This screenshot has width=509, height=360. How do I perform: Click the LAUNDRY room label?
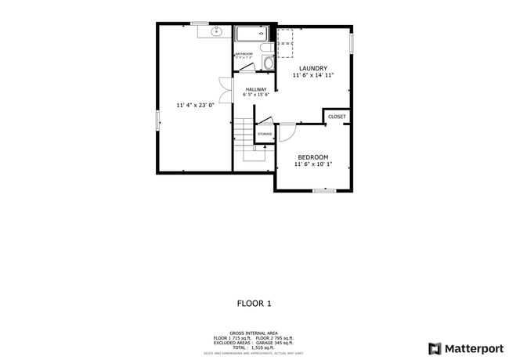point(312,68)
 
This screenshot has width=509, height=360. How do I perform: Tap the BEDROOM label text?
point(312,157)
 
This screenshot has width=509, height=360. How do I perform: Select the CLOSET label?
point(337,117)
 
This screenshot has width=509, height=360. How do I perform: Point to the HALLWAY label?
point(255,89)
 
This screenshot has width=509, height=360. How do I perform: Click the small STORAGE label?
point(265,134)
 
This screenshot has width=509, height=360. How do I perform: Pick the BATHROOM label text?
point(243,54)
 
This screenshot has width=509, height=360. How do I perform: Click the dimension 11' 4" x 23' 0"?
point(194,104)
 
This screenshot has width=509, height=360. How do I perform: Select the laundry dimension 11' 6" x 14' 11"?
point(312,76)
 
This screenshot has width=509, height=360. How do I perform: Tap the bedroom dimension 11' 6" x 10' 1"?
point(312,164)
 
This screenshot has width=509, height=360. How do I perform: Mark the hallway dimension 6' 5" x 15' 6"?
point(255,95)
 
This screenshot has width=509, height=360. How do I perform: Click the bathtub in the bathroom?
point(251,34)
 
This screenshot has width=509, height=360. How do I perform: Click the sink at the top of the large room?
point(218,32)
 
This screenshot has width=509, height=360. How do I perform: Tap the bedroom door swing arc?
point(287,133)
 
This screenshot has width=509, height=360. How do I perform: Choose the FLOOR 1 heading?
point(254,303)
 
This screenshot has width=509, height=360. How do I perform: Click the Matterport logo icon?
point(433,348)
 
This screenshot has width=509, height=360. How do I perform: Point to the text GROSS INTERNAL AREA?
point(254,333)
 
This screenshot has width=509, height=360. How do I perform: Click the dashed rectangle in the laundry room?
point(285,44)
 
